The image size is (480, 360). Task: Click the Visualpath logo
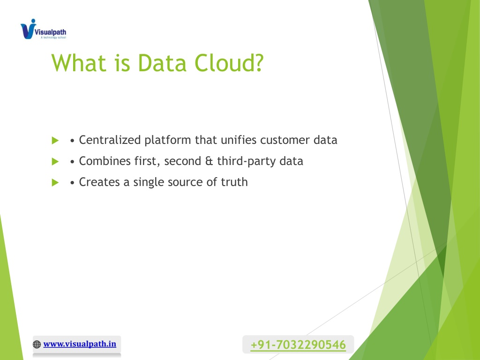43,29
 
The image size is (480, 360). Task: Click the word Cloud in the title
229,63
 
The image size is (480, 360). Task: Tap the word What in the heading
79,63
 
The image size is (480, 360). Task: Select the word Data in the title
162,63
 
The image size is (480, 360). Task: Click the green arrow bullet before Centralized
55,141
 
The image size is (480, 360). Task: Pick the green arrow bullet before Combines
55,161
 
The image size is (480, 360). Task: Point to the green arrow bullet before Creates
55,182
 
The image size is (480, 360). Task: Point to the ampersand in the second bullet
209,161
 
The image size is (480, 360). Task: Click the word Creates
99,182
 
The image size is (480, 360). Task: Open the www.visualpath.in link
80,344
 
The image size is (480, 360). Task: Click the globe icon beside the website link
37,345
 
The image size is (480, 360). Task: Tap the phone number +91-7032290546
298,345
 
